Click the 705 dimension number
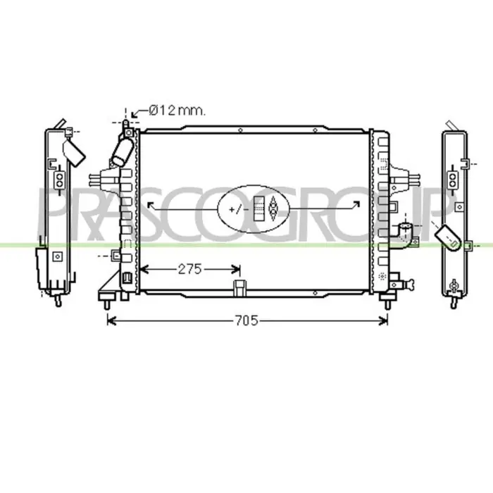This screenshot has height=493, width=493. (246, 320)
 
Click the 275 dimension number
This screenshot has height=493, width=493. (189, 269)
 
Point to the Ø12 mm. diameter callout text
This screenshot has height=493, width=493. (177, 111)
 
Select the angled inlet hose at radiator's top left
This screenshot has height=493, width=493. (123, 153)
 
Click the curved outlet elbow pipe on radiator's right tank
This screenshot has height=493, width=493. (406, 235)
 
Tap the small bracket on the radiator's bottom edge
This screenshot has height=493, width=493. (240, 288)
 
